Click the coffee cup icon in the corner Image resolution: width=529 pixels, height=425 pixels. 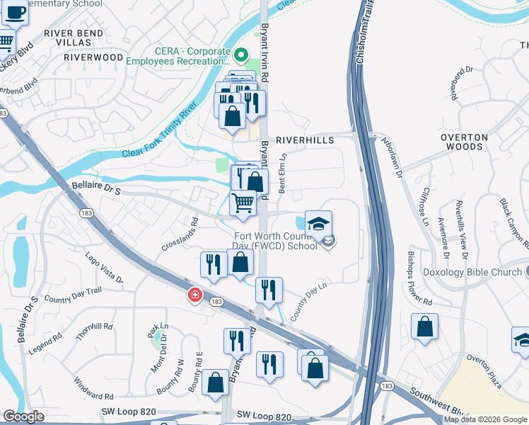pos(15,11)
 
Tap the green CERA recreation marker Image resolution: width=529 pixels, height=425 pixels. pos(241,55)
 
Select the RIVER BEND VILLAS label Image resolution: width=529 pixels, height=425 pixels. pos(74,38)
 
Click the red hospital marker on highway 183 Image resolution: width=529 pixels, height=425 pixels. pos(194,295)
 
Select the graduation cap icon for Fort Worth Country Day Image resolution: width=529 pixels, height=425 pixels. pos(318,223)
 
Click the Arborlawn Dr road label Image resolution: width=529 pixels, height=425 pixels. pos(391,157)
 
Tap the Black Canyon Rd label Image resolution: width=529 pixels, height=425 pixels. pos(513,222)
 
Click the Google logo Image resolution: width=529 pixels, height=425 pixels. pos(23,416)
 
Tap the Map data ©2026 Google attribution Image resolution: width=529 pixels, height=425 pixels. pos(484,419)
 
